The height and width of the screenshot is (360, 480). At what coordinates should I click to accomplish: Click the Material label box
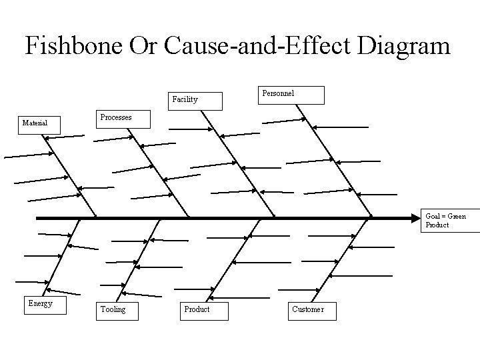(39, 124)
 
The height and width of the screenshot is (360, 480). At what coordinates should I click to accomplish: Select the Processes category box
(123, 118)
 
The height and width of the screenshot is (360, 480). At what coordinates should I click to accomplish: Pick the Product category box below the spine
(204, 310)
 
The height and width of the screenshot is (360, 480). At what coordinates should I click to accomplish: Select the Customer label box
(312, 310)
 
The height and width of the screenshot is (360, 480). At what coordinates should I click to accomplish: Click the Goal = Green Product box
(451, 221)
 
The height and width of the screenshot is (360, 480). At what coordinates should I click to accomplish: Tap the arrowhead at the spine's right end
(415, 218)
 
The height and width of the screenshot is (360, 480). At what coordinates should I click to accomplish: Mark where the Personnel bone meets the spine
(371, 217)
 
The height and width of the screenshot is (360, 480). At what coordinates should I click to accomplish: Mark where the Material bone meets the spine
(97, 217)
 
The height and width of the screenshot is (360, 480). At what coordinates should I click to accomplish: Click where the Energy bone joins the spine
(81, 218)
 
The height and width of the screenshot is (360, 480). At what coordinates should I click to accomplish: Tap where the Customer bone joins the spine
(366, 218)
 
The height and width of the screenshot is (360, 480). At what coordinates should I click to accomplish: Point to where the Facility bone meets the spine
(275, 217)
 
